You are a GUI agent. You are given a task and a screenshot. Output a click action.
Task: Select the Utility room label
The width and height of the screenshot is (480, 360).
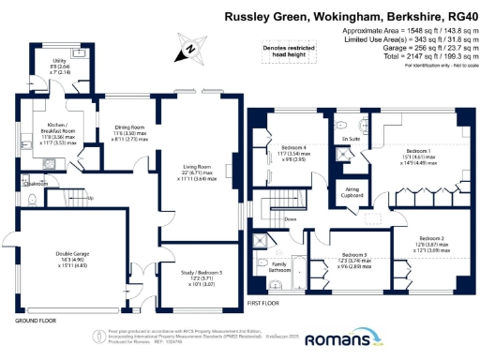(x=58, y=68)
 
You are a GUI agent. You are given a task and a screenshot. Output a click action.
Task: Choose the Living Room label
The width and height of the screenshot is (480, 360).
(x=196, y=172)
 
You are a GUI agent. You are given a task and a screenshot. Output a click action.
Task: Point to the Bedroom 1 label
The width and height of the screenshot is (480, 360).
(x=416, y=155)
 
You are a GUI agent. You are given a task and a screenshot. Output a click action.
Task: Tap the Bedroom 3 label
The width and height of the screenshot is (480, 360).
(x=355, y=260)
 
